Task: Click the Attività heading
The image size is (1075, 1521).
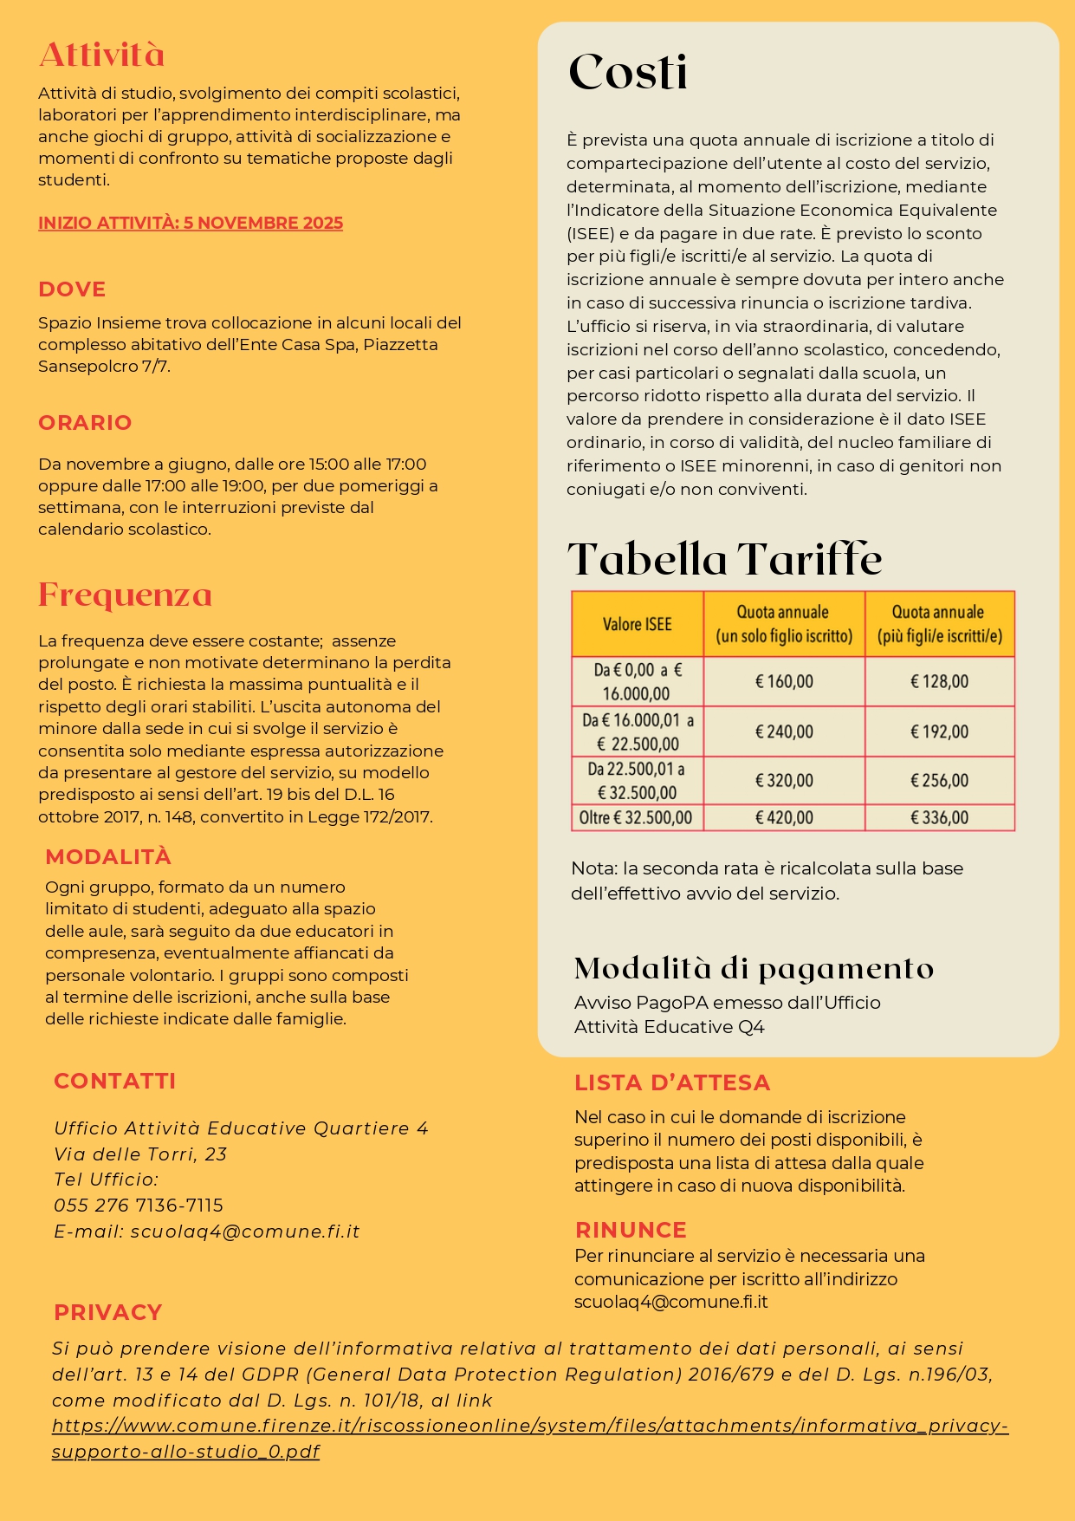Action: point(101,55)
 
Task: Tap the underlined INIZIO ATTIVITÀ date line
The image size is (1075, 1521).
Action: point(191,223)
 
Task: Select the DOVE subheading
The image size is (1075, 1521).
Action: point(72,289)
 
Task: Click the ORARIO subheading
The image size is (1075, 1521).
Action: point(85,423)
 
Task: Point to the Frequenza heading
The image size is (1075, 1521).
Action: point(125,595)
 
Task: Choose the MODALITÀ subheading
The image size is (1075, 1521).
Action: point(108,857)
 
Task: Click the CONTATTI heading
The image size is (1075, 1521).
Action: point(114,1081)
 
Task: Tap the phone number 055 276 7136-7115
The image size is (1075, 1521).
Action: point(139,1206)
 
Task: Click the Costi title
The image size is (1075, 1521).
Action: point(628,72)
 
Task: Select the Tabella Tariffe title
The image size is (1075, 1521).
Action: point(724,559)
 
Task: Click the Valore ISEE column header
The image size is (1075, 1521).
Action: point(638,624)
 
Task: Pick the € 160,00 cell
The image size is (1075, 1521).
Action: point(784,682)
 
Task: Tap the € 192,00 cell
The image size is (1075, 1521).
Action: point(939,732)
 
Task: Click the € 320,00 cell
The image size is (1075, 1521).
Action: point(784,781)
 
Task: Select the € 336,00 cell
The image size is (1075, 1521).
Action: point(939,818)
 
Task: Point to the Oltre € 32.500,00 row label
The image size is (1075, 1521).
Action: point(637,818)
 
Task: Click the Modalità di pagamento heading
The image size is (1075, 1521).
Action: point(754,968)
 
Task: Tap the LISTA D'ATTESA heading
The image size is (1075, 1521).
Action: point(672,1082)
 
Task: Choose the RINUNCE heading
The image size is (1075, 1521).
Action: point(631,1230)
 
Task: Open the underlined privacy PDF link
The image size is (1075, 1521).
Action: point(529,1426)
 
